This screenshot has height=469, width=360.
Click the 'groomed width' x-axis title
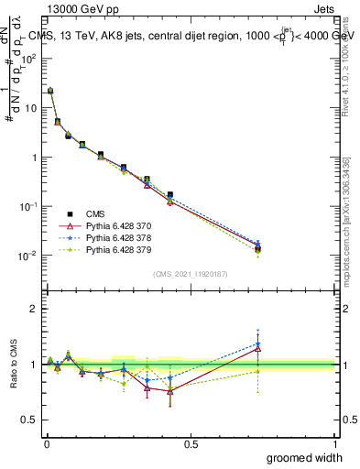click(306, 458)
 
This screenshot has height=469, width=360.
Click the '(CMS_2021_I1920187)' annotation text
click(190, 274)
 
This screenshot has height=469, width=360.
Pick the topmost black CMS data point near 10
click(50, 91)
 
